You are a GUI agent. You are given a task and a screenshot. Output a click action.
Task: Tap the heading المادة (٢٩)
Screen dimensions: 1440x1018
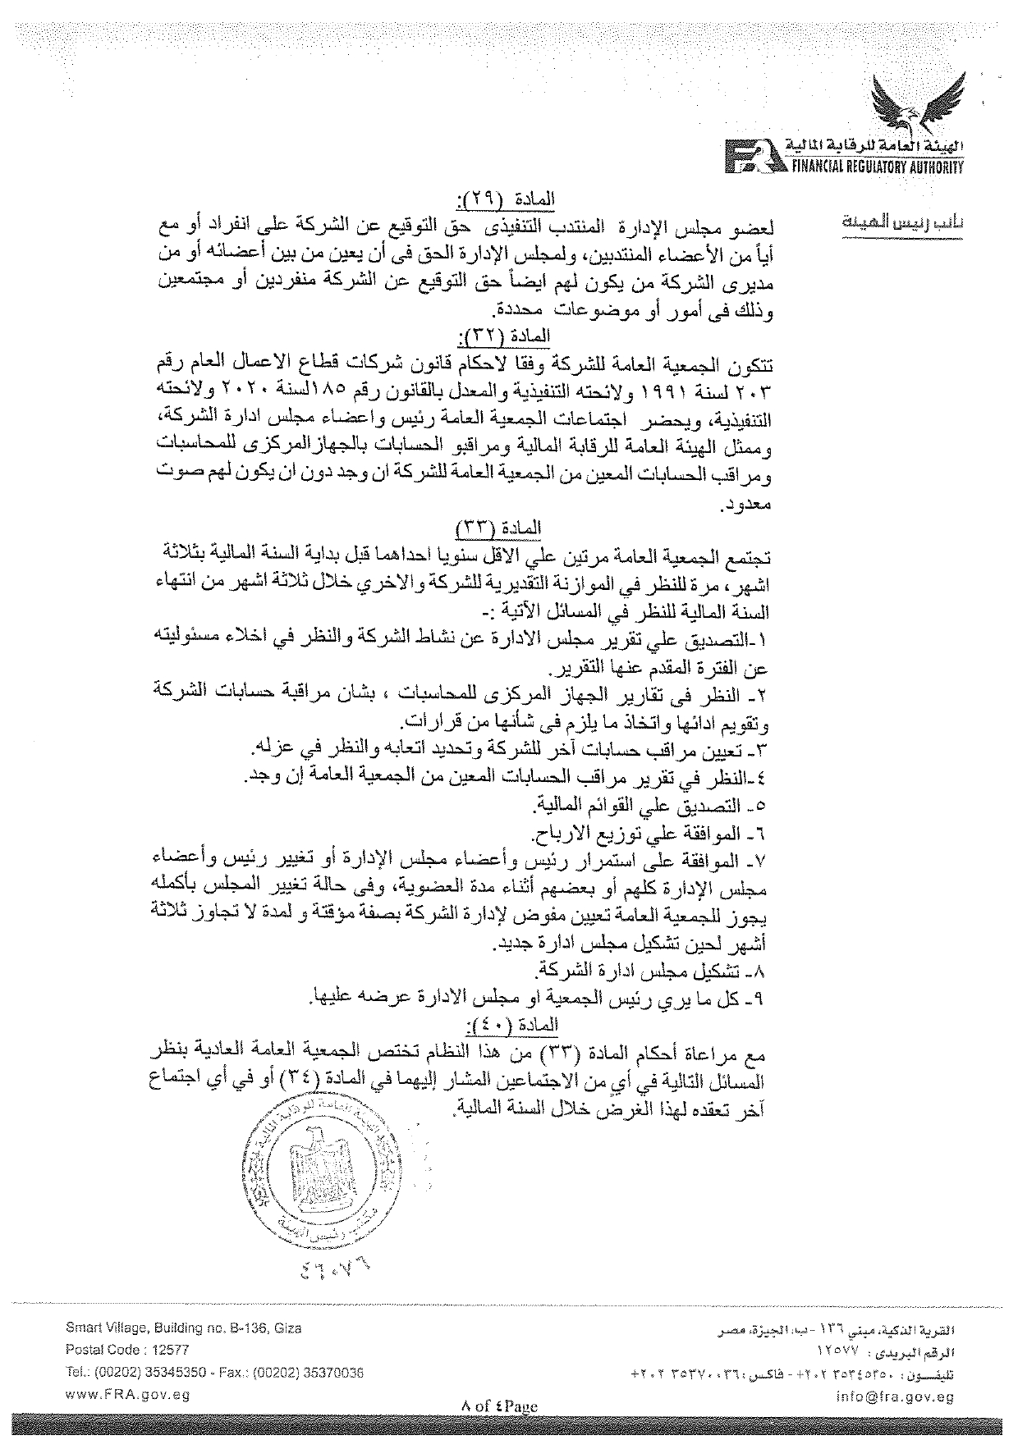point(505,199)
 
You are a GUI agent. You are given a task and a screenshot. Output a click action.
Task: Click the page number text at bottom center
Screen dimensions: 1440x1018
point(499,1406)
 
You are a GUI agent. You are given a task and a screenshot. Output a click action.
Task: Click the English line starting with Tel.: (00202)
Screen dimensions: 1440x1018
point(215,1371)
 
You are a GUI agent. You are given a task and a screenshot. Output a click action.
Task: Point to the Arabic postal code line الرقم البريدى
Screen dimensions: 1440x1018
point(891,1349)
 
